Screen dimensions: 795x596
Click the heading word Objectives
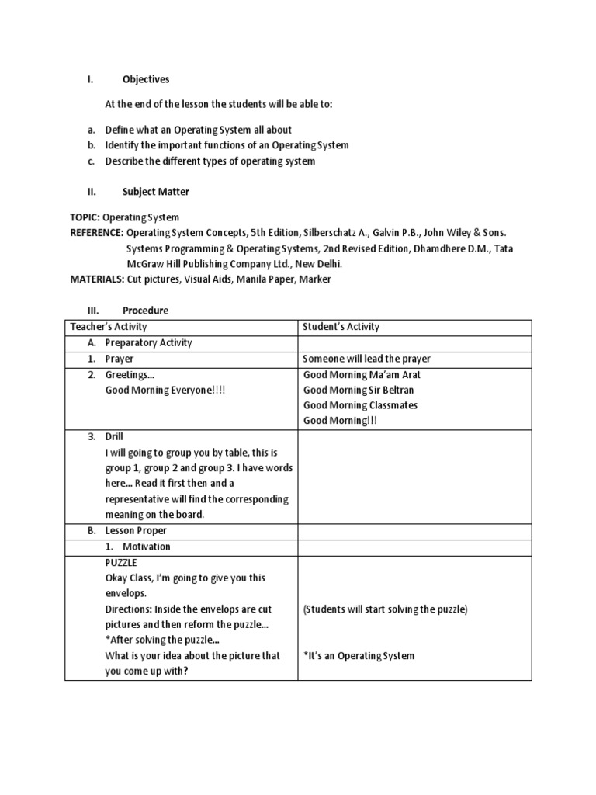tap(146, 79)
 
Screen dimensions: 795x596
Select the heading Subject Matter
tap(155, 191)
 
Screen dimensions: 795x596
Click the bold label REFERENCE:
tap(96, 233)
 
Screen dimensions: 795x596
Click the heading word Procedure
tap(145, 311)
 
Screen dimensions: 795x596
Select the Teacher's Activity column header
tap(109, 327)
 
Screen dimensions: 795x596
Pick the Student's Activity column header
tap(341, 327)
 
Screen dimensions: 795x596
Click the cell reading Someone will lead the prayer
tap(366, 359)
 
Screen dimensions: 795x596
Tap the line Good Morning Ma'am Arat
tap(362, 374)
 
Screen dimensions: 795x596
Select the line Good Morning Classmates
tap(360, 405)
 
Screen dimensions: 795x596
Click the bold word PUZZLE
tap(121, 562)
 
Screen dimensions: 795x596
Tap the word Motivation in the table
tap(147, 547)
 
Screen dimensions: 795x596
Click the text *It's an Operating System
tap(359, 656)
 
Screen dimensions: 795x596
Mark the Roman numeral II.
tap(90, 191)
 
